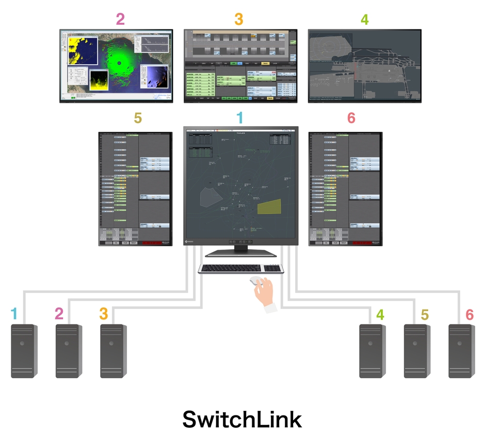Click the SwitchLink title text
(x=242, y=419)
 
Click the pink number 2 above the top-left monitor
(x=120, y=19)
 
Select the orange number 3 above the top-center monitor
(x=238, y=19)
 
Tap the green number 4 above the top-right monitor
(x=365, y=20)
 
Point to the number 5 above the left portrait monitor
(x=137, y=118)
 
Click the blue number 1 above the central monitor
(x=239, y=118)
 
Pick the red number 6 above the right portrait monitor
(x=351, y=118)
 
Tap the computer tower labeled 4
(x=372, y=351)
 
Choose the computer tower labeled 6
(x=461, y=351)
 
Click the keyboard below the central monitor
(x=241, y=269)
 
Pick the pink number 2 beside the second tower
(x=59, y=313)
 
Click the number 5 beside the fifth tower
(x=425, y=314)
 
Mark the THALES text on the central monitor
(x=240, y=133)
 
